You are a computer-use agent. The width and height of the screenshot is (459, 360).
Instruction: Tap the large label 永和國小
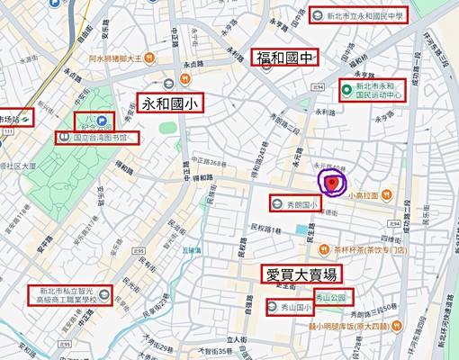click(x=168, y=103)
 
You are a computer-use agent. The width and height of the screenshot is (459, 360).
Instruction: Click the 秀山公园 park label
click(x=332, y=297)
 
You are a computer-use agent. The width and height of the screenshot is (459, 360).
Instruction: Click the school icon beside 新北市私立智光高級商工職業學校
click(x=104, y=293)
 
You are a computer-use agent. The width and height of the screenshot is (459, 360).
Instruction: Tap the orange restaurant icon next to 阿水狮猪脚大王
click(x=148, y=56)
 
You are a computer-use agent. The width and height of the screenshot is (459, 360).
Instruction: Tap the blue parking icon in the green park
click(x=102, y=120)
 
